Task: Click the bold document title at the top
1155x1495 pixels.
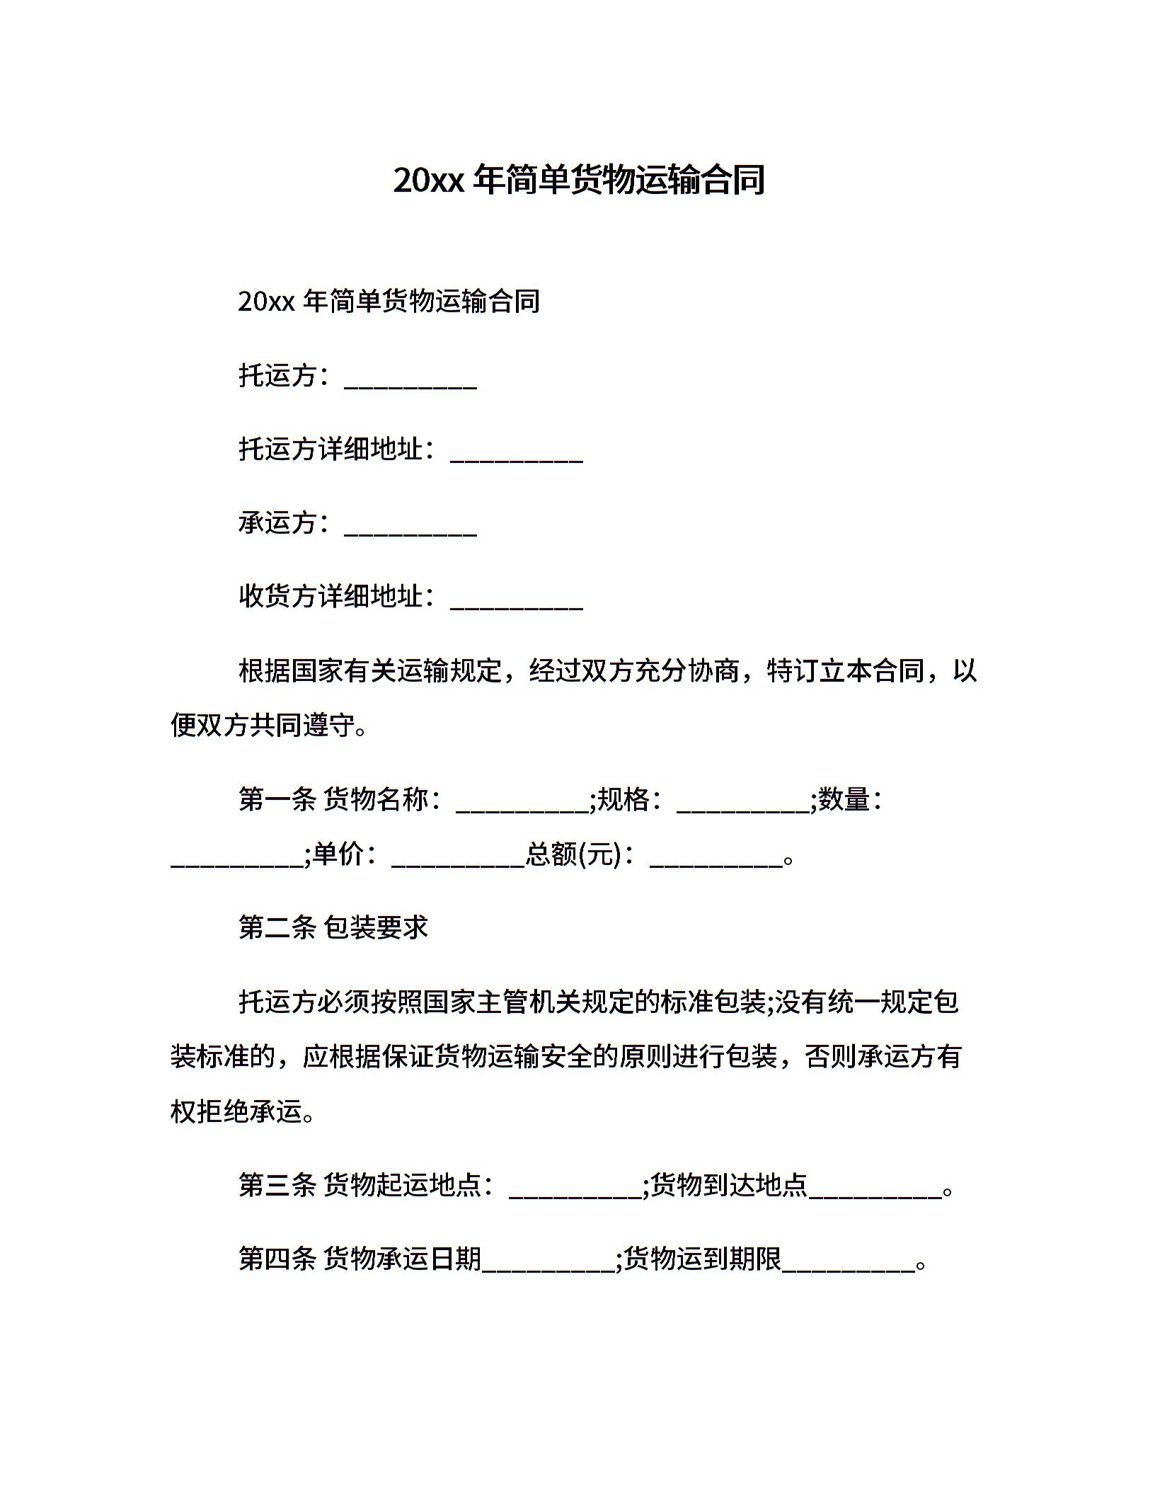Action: point(578,180)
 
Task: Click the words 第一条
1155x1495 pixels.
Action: point(277,800)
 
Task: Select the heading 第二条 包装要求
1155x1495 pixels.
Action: point(333,927)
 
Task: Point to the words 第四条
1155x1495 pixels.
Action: point(277,1259)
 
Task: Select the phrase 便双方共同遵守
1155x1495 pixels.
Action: point(263,725)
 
